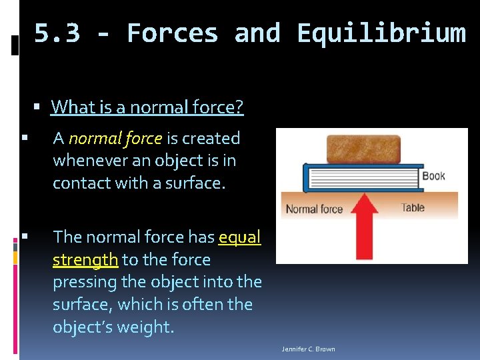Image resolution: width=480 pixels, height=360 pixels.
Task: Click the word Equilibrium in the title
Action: point(381,33)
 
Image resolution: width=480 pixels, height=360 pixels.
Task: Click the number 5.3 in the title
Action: point(57,33)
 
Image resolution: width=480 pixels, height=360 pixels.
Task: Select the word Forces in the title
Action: point(172,33)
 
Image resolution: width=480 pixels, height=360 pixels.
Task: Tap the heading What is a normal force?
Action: point(147,107)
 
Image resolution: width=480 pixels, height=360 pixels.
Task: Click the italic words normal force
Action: point(115,138)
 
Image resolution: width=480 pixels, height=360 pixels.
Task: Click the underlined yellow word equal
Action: point(239,237)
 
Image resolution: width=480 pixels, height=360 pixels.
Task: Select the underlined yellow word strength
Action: point(85,259)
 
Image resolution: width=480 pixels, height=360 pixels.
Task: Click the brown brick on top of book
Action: point(363,149)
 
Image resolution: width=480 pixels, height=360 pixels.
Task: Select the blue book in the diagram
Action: point(360,178)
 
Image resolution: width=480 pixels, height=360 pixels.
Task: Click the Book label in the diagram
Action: point(433,176)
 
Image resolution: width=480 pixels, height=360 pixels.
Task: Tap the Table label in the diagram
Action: point(413,207)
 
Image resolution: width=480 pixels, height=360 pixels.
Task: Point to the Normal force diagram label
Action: point(314,209)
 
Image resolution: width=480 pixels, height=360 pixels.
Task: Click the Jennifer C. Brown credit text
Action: point(309,349)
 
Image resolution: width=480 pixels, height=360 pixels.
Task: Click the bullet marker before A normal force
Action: point(24,138)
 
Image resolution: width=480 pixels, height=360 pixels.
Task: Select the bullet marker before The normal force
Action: point(24,236)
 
